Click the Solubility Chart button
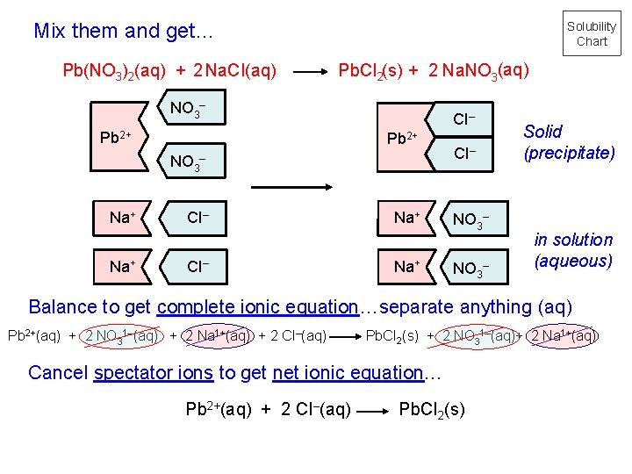[592, 34]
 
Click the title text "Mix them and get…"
[124, 32]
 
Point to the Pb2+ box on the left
[117, 137]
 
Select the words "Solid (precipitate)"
[569, 142]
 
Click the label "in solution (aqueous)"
[573, 250]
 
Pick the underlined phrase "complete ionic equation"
[258, 307]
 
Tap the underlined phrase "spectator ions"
[153, 372]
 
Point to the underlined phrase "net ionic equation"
[348, 372]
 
